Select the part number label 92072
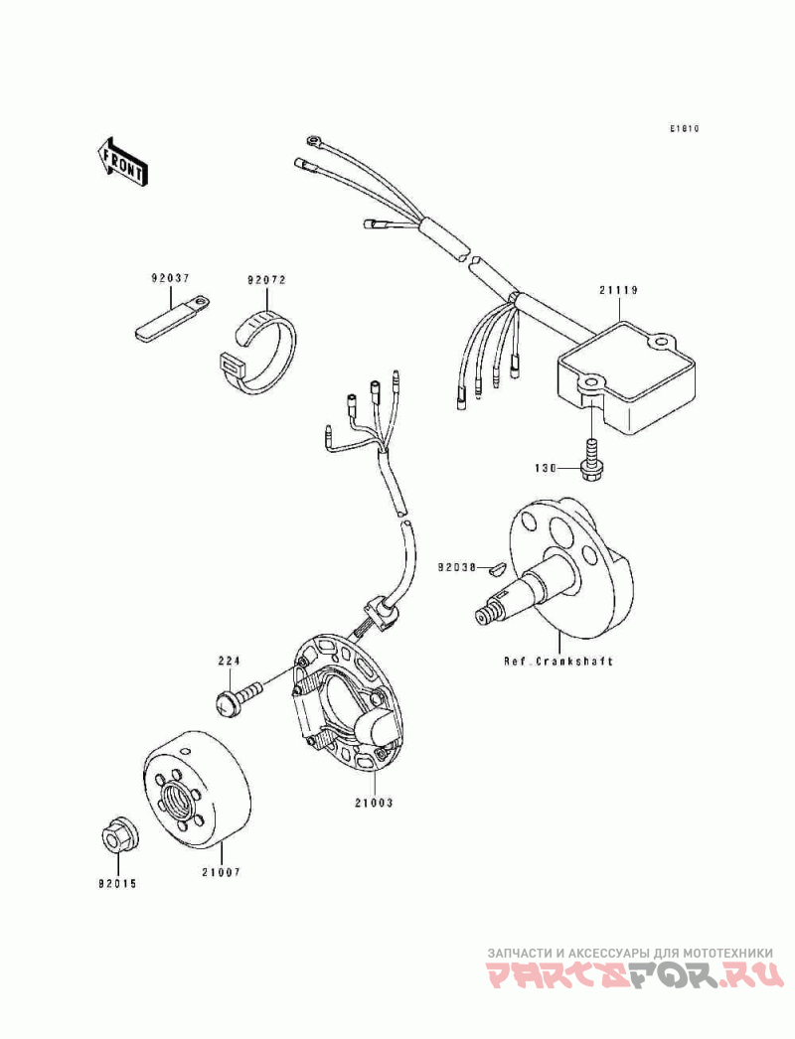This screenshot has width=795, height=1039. click(x=266, y=280)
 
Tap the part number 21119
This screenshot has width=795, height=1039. click(x=617, y=290)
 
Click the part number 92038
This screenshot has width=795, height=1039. click(x=459, y=569)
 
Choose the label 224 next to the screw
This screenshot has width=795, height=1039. click(x=230, y=660)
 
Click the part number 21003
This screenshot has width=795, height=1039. click(x=364, y=801)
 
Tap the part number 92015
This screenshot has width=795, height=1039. click(x=117, y=882)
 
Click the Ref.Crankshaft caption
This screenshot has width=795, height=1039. click(x=557, y=661)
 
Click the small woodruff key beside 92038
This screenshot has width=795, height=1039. click(x=499, y=569)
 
